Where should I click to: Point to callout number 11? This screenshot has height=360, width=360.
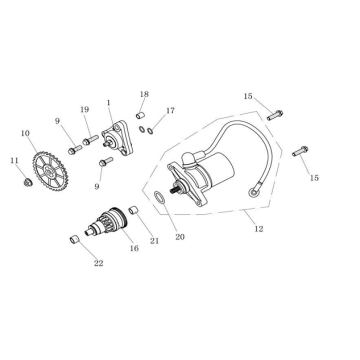14,160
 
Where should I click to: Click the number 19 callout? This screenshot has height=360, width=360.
85,110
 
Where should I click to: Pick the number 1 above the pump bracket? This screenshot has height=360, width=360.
108,103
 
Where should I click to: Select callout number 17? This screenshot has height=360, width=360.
170,111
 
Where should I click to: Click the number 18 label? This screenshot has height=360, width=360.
144,94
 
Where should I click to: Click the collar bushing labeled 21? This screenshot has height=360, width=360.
131,210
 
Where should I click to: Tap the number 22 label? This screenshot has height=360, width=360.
97,263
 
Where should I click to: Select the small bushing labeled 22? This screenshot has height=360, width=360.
73,240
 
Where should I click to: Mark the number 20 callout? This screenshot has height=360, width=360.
180,237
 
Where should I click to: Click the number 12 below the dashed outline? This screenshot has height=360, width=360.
258,229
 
